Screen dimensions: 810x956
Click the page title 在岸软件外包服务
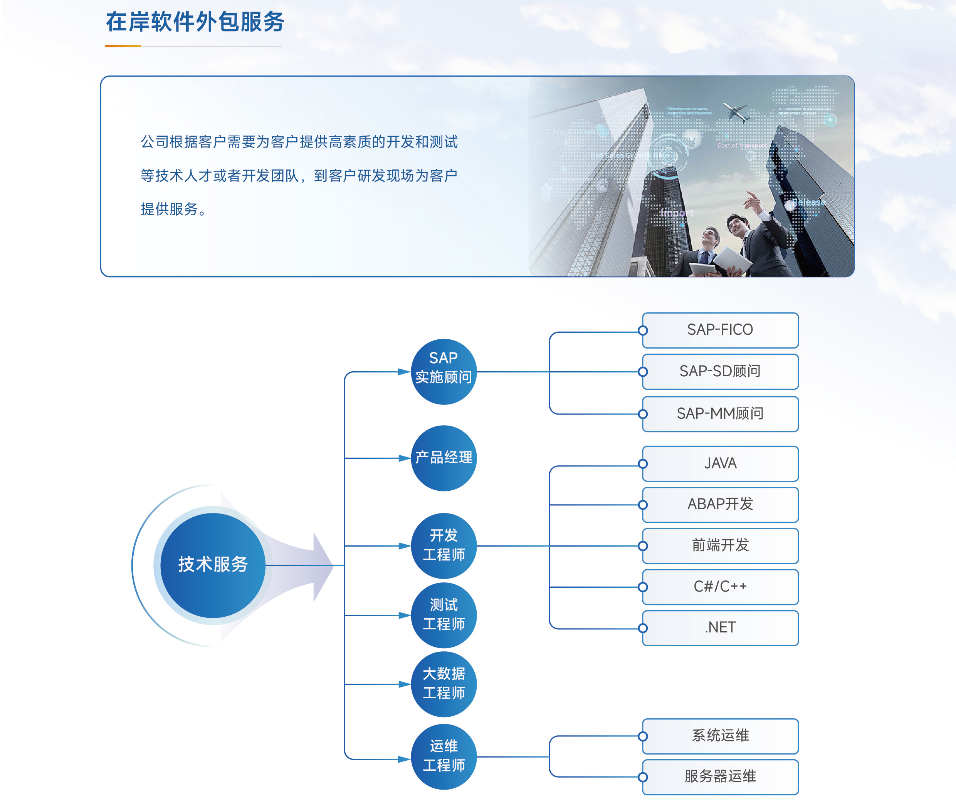[195, 22]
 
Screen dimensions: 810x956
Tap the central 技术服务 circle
[213, 565]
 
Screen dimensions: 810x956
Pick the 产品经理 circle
[443, 458]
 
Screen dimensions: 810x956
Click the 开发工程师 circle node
[443, 545]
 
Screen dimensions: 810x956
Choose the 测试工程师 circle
[443, 615]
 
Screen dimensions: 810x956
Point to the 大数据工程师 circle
[443, 684]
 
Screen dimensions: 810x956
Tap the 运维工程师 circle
[443, 756]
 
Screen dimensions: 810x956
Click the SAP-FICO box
[720, 330]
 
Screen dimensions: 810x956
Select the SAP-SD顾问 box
[720, 371]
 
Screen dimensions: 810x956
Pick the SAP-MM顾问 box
[720, 414]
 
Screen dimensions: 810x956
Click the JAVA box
[720, 463]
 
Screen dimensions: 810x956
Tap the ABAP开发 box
[720, 505]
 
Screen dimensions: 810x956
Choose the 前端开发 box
[720, 545]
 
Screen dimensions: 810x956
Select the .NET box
[720, 628]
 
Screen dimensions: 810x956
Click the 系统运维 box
[720, 736]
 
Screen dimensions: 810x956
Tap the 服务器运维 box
[720, 777]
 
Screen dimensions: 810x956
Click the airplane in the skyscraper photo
[736, 112]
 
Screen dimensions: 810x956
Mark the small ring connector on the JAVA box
[643, 464]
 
